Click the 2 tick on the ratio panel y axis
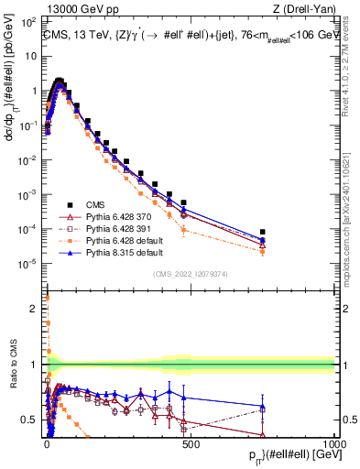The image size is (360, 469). point(35,309)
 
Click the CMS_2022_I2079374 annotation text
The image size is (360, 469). point(191,273)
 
